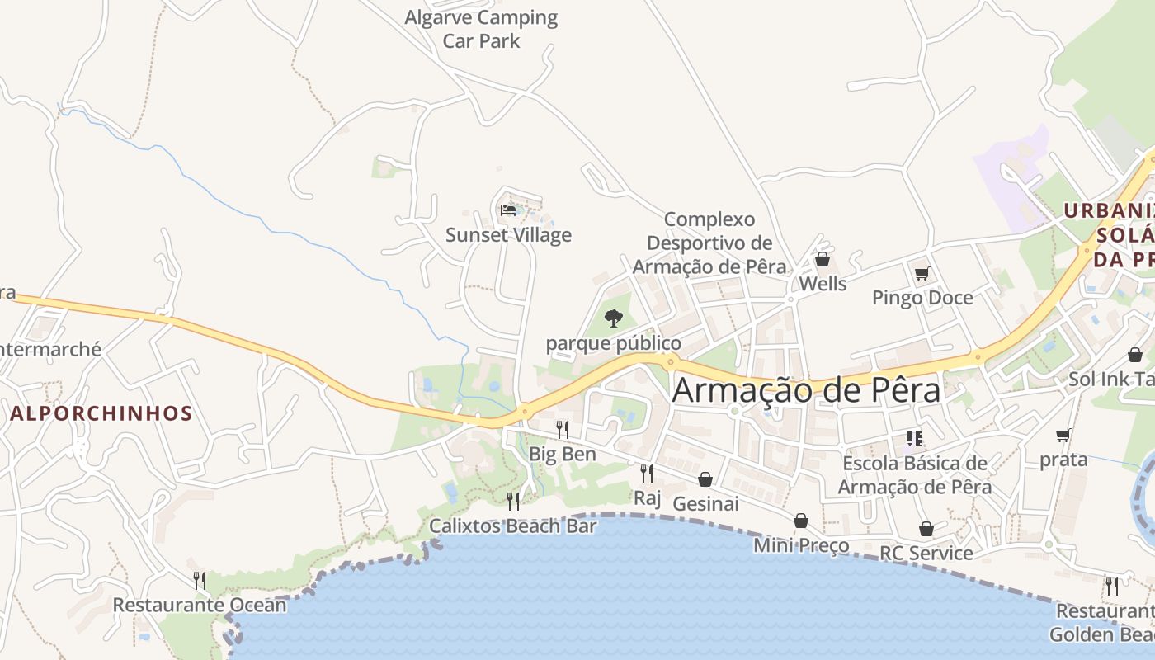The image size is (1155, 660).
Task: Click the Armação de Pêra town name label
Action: tap(806, 390)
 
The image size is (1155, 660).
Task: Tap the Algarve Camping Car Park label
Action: tap(482, 29)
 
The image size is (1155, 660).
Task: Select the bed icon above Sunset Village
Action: tap(508, 210)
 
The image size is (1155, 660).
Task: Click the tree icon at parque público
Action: tap(613, 318)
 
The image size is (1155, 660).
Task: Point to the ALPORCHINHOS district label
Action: tap(101, 413)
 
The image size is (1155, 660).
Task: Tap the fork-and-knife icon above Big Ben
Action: tap(563, 429)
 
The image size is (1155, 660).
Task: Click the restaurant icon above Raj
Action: tap(647, 473)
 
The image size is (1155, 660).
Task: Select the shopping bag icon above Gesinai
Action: tap(705, 479)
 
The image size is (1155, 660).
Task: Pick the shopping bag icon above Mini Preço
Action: tap(801, 521)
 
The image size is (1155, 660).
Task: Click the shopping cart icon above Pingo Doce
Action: tap(922, 273)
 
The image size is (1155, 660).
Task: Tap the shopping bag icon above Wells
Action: tap(823, 259)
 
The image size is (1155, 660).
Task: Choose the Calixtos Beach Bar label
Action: tap(512, 526)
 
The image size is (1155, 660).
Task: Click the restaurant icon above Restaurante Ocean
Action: tap(200, 580)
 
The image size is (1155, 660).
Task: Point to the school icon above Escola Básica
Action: tap(914, 438)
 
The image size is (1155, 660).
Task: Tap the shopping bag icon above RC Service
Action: tap(926, 528)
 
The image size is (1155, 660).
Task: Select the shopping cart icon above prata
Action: tap(1063, 435)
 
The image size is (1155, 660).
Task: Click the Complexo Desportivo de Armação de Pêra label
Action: tap(709, 243)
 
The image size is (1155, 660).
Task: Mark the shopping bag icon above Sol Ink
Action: tap(1135, 355)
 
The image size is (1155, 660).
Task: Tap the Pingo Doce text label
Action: tap(922, 298)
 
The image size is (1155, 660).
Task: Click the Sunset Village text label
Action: tap(508, 235)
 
